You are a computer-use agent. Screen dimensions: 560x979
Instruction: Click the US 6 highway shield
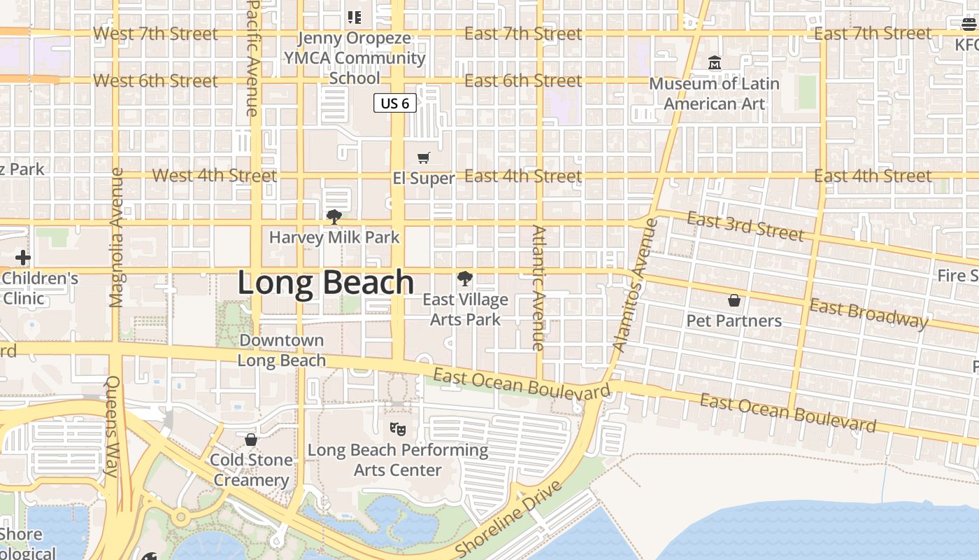(395, 104)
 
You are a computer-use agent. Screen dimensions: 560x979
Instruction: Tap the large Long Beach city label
(326, 283)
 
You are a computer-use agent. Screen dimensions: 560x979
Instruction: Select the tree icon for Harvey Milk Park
(334, 217)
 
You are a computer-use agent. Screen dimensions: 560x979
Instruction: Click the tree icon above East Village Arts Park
(464, 279)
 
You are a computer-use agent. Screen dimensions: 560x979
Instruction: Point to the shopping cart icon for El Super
(423, 158)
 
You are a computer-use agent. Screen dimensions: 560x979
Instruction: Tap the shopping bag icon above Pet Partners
(734, 300)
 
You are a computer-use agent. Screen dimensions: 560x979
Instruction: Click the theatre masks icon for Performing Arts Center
(398, 428)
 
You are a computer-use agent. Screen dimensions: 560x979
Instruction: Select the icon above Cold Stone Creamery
(251, 440)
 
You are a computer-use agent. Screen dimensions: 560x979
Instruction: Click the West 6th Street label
(155, 81)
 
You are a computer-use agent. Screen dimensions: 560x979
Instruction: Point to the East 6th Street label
(523, 81)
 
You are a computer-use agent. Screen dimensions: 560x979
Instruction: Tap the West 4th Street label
(215, 176)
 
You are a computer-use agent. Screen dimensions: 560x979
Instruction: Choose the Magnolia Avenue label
(117, 237)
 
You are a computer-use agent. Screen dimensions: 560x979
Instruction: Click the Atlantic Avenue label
(538, 287)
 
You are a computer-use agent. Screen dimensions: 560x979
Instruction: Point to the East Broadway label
(869, 314)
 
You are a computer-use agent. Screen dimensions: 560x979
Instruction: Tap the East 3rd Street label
(745, 227)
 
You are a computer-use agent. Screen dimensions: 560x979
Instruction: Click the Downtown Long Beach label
(282, 351)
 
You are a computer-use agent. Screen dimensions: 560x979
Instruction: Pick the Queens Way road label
(113, 426)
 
